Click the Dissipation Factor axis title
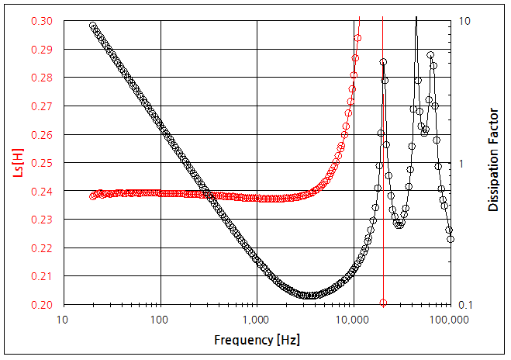tap(493, 161)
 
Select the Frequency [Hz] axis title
tap(257, 341)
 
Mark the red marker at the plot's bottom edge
tap(383, 303)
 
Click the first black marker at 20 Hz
tap(93, 26)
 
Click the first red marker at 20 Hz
tap(93, 196)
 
